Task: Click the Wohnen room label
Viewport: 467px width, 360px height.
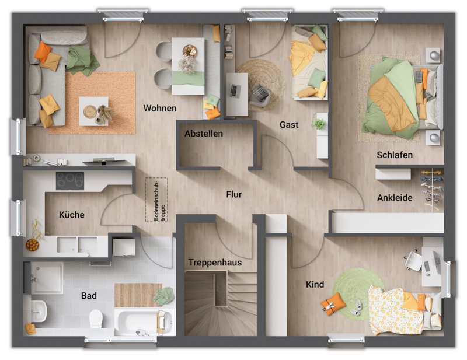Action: tap(159, 109)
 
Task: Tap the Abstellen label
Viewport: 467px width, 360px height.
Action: tap(204, 134)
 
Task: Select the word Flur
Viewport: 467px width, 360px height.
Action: tap(234, 194)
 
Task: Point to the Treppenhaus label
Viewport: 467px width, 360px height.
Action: tap(215, 263)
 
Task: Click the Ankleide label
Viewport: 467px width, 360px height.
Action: tap(395, 198)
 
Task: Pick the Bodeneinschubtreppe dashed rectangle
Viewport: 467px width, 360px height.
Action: tap(156, 200)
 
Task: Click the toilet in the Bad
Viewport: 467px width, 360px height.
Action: tap(96, 319)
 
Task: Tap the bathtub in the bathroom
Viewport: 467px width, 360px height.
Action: tap(143, 321)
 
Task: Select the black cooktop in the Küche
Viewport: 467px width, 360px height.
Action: tap(69, 180)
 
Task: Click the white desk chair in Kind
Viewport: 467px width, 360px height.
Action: tap(413, 260)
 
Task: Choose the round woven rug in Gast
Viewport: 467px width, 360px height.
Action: tap(260, 85)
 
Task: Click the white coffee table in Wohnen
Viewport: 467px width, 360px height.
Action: tap(93, 111)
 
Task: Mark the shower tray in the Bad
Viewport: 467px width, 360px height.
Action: tap(47, 277)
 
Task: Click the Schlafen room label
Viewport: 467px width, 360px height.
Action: tap(395, 155)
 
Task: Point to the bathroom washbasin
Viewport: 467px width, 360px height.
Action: tap(37, 308)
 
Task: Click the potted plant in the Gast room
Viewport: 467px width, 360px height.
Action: tap(319, 124)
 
